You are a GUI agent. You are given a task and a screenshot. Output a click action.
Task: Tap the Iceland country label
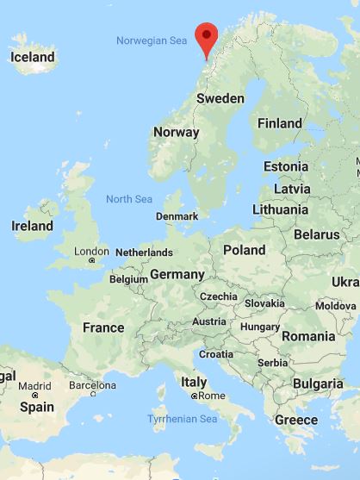(33, 58)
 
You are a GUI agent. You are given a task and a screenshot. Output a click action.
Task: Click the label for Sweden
(220, 98)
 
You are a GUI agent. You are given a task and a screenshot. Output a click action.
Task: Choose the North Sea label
(129, 199)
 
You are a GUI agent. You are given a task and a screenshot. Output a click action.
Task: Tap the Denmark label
(177, 216)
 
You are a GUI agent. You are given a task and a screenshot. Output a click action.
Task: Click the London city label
(91, 252)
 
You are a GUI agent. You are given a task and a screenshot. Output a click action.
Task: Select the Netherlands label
(144, 252)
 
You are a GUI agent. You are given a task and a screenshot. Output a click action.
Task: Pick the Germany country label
(177, 274)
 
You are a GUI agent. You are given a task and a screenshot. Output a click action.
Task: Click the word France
(102, 327)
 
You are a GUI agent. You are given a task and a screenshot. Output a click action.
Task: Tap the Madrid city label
(35, 386)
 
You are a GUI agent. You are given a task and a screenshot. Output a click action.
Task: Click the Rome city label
(211, 396)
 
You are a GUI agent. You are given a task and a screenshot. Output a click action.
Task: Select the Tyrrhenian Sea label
(184, 419)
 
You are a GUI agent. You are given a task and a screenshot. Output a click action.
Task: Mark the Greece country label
(295, 420)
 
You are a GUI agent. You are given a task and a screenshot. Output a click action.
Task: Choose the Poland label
(244, 249)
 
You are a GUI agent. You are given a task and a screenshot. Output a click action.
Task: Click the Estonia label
(286, 166)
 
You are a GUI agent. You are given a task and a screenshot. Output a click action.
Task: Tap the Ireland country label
(32, 226)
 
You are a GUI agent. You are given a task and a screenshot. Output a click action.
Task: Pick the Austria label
(209, 321)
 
